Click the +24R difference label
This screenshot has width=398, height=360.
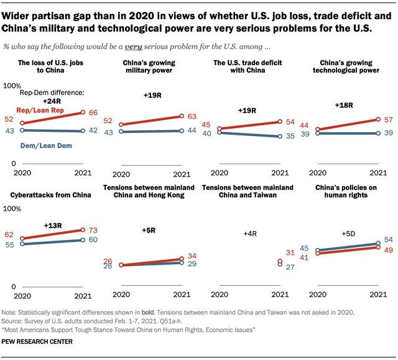tap(52, 101)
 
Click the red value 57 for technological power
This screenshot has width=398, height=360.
tap(387, 119)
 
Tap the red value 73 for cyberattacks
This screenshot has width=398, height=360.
tap(94, 229)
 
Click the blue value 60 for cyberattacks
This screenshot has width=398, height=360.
tap(94, 239)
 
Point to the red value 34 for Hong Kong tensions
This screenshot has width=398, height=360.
tap(191, 256)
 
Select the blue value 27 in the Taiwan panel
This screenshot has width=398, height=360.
tap(289, 266)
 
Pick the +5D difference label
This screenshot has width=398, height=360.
tap(348, 234)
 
